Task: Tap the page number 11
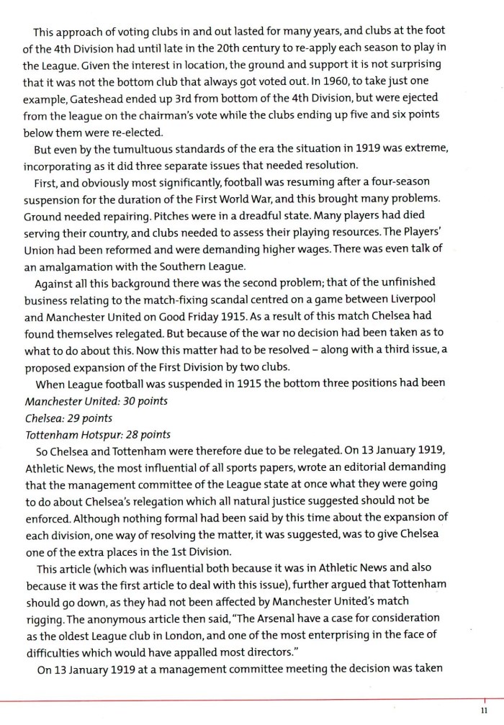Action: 485,711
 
